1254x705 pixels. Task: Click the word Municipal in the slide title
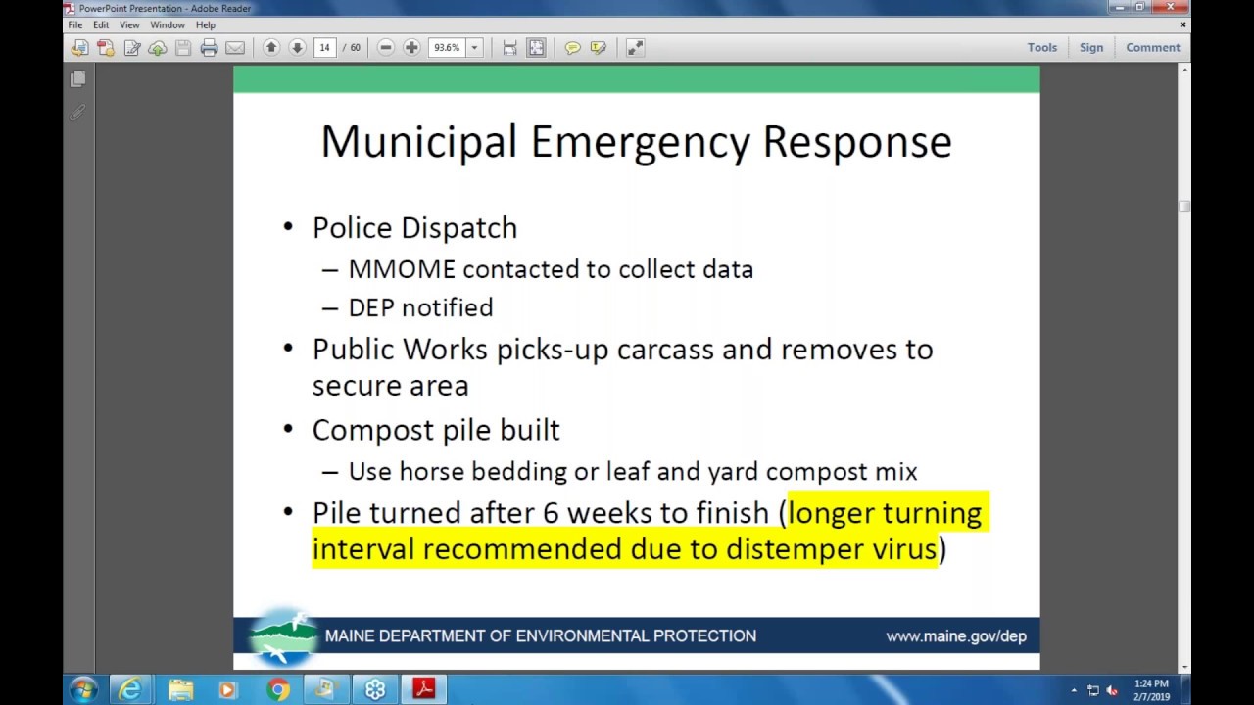point(418,142)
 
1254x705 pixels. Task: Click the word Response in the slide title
point(856,142)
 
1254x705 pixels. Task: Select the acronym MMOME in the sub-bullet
point(402,269)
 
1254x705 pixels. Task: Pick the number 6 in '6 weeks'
point(549,513)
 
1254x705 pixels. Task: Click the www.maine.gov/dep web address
point(955,636)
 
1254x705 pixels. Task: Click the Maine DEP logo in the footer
point(282,635)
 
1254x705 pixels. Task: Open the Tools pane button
point(1041,47)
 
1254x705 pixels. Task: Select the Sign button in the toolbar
point(1090,47)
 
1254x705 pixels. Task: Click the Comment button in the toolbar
point(1152,47)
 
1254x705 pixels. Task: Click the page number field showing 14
point(324,47)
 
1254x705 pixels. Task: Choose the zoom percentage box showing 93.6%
point(447,47)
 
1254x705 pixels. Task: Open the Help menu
point(205,25)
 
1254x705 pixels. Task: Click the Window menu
point(168,25)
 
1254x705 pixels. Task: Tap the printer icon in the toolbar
point(209,47)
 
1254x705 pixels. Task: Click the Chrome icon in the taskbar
point(278,690)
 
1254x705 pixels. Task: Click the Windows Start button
point(82,689)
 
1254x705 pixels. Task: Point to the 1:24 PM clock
point(1151,683)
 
